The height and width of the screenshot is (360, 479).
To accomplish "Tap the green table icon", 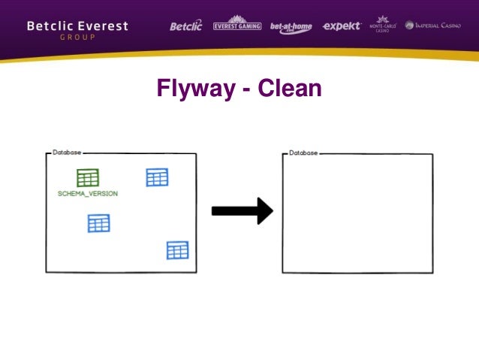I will pos(88,178).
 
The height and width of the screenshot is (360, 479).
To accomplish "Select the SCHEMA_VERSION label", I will pos(88,194).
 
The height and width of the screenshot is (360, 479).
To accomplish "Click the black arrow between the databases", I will pos(241,211).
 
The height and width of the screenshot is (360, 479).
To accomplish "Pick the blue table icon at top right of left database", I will pos(157,177).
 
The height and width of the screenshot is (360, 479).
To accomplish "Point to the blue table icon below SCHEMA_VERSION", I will pos(98,223).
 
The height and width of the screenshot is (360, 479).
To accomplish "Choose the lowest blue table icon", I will pos(177,250).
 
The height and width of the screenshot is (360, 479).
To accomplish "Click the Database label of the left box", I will pos(67,153).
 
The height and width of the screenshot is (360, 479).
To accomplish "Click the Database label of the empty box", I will pos(304,153).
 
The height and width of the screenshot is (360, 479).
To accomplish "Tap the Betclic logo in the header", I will pos(186,26).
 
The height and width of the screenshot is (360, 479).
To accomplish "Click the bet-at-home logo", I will pos(291,26).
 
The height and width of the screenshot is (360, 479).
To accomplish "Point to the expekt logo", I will pos(342,26).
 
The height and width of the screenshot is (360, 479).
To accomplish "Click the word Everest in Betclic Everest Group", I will pos(102,26).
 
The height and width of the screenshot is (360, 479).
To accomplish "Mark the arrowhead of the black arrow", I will pos(264,211).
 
